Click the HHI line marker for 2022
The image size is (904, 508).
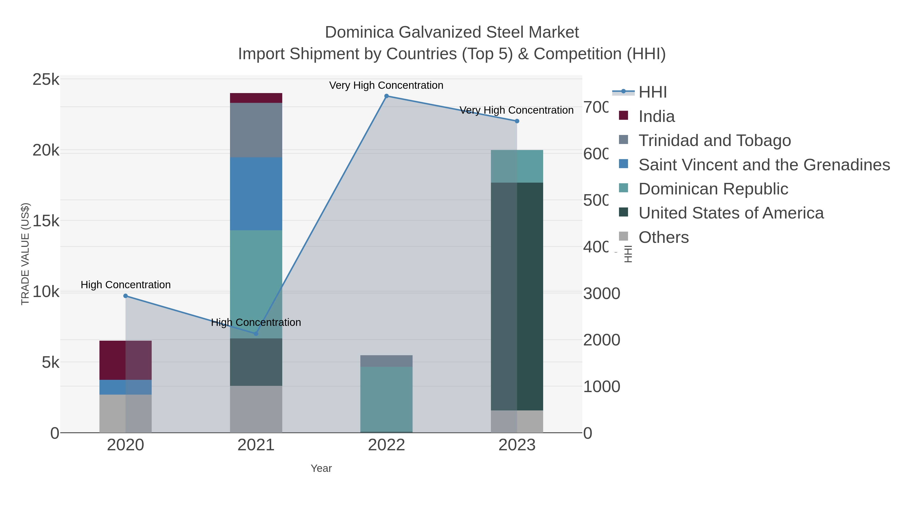click(386, 96)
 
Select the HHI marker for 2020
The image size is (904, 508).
click(126, 296)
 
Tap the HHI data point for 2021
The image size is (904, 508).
click(256, 334)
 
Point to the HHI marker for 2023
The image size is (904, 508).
click(517, 121)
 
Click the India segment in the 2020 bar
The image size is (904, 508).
click(125, 360)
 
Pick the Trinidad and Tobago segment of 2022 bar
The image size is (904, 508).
click(386, 361)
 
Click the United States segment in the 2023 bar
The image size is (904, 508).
click(517, 296)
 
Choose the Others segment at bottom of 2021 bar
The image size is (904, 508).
click(256, 409)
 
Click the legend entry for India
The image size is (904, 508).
click(656, 116)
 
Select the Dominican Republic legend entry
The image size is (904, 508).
click(713, 189)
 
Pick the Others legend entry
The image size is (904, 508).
click(663, 237)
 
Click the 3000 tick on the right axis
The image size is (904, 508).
click(601, 294)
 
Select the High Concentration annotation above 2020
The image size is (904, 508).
click(126, 285)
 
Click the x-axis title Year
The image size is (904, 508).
click(321, 468)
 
